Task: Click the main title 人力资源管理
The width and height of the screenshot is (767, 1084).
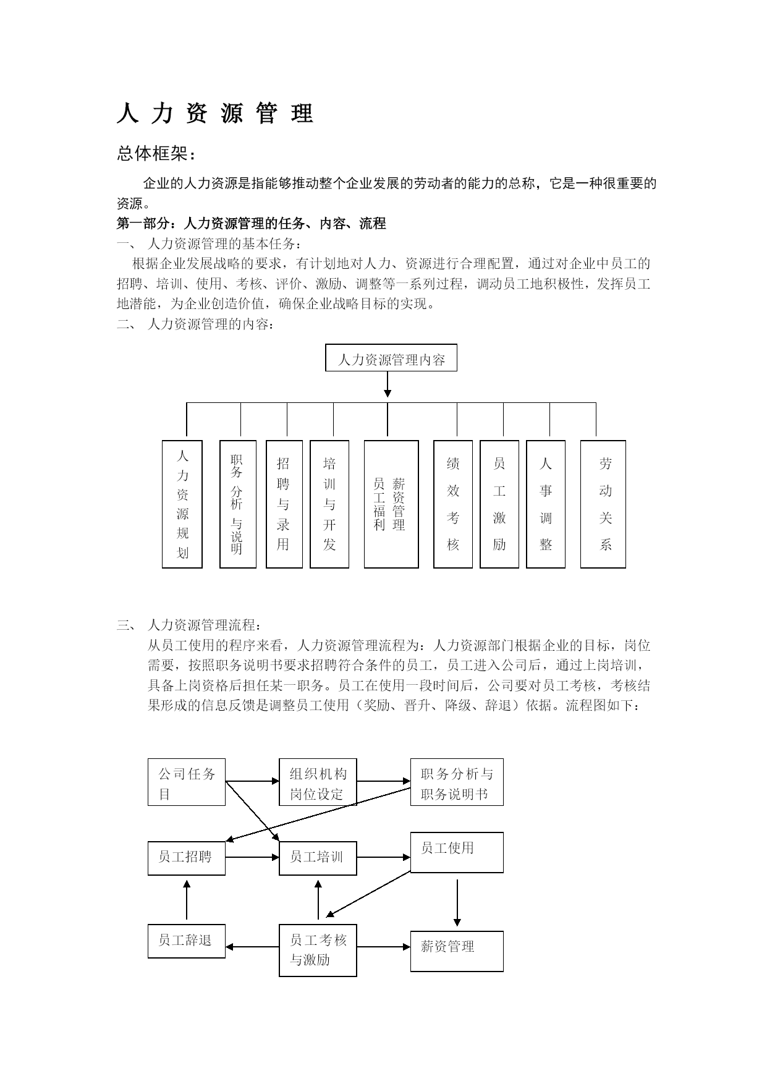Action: tap(215, 114)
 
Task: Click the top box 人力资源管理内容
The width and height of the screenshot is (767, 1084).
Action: tap(391, 358)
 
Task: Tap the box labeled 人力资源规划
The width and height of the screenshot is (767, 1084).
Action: tap(182, 504)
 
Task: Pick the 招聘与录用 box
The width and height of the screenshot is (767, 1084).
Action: tap(284, 504)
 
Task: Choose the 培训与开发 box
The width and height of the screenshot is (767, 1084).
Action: tap(329, 504)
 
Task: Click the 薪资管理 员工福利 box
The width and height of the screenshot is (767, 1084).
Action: tap(391, 504)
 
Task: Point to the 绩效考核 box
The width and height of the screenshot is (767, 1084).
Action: tap(453, 504)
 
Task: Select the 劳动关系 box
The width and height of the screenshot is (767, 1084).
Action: tap(603, 504)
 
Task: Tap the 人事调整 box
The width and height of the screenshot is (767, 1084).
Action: tap(546, 504)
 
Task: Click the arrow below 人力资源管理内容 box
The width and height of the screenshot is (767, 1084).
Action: tap(388, 384)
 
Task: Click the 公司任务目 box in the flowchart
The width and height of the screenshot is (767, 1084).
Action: tap(187, 782)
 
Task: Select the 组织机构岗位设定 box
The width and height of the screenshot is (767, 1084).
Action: tap(318, 782)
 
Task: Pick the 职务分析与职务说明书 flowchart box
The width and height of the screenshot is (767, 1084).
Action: tap(457, 782)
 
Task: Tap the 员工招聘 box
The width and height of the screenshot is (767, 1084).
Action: tap(187, 858)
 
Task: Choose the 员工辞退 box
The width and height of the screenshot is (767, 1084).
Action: tap(187, 941)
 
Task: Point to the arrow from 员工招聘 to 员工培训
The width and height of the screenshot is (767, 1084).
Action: tap(252, 857)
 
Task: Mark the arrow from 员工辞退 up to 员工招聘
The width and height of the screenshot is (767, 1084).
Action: tap(187, 900)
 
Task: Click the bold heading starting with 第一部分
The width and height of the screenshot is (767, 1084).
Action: tap(252, 224)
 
